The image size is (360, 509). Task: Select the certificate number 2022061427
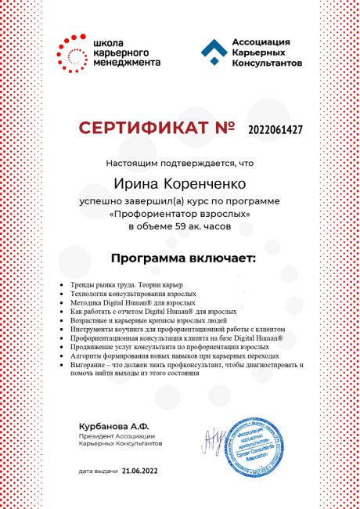pos(274,128)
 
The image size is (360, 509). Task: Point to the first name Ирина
pos(137,184)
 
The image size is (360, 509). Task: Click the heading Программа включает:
pos(179,258)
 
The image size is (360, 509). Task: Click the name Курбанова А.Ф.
pos(107,426)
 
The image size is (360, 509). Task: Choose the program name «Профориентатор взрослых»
pos(180,212)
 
